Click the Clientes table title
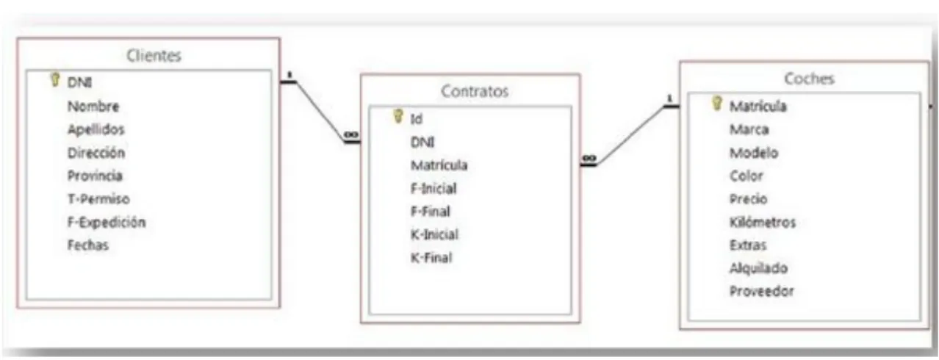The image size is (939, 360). click(154, 56)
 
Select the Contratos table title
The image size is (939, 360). click(475, 91)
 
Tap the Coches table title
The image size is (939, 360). click(809, 79)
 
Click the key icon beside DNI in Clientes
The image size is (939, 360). click(54, 79)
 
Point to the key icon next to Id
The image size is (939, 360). click(397, 116)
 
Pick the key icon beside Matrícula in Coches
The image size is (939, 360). click(717, 103)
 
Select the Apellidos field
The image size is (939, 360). click(96, 129)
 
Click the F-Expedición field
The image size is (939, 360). click(107, 222)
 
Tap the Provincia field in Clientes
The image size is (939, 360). click(95, 176)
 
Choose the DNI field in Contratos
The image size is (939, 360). click(422, 143)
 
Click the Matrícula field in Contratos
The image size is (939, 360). click(439, 165)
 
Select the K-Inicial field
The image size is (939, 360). click(434, 234)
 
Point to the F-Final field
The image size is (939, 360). click(430, 211)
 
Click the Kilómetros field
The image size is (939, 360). click(763, 222)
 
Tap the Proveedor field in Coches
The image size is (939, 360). click(762, 291)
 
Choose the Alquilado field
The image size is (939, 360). click(758, 268)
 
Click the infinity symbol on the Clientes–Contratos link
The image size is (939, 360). click(351, 134)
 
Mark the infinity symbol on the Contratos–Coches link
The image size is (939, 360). click(589, 158)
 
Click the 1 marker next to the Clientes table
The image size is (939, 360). click(289, 75)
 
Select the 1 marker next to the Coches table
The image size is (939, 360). click(669, 98)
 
